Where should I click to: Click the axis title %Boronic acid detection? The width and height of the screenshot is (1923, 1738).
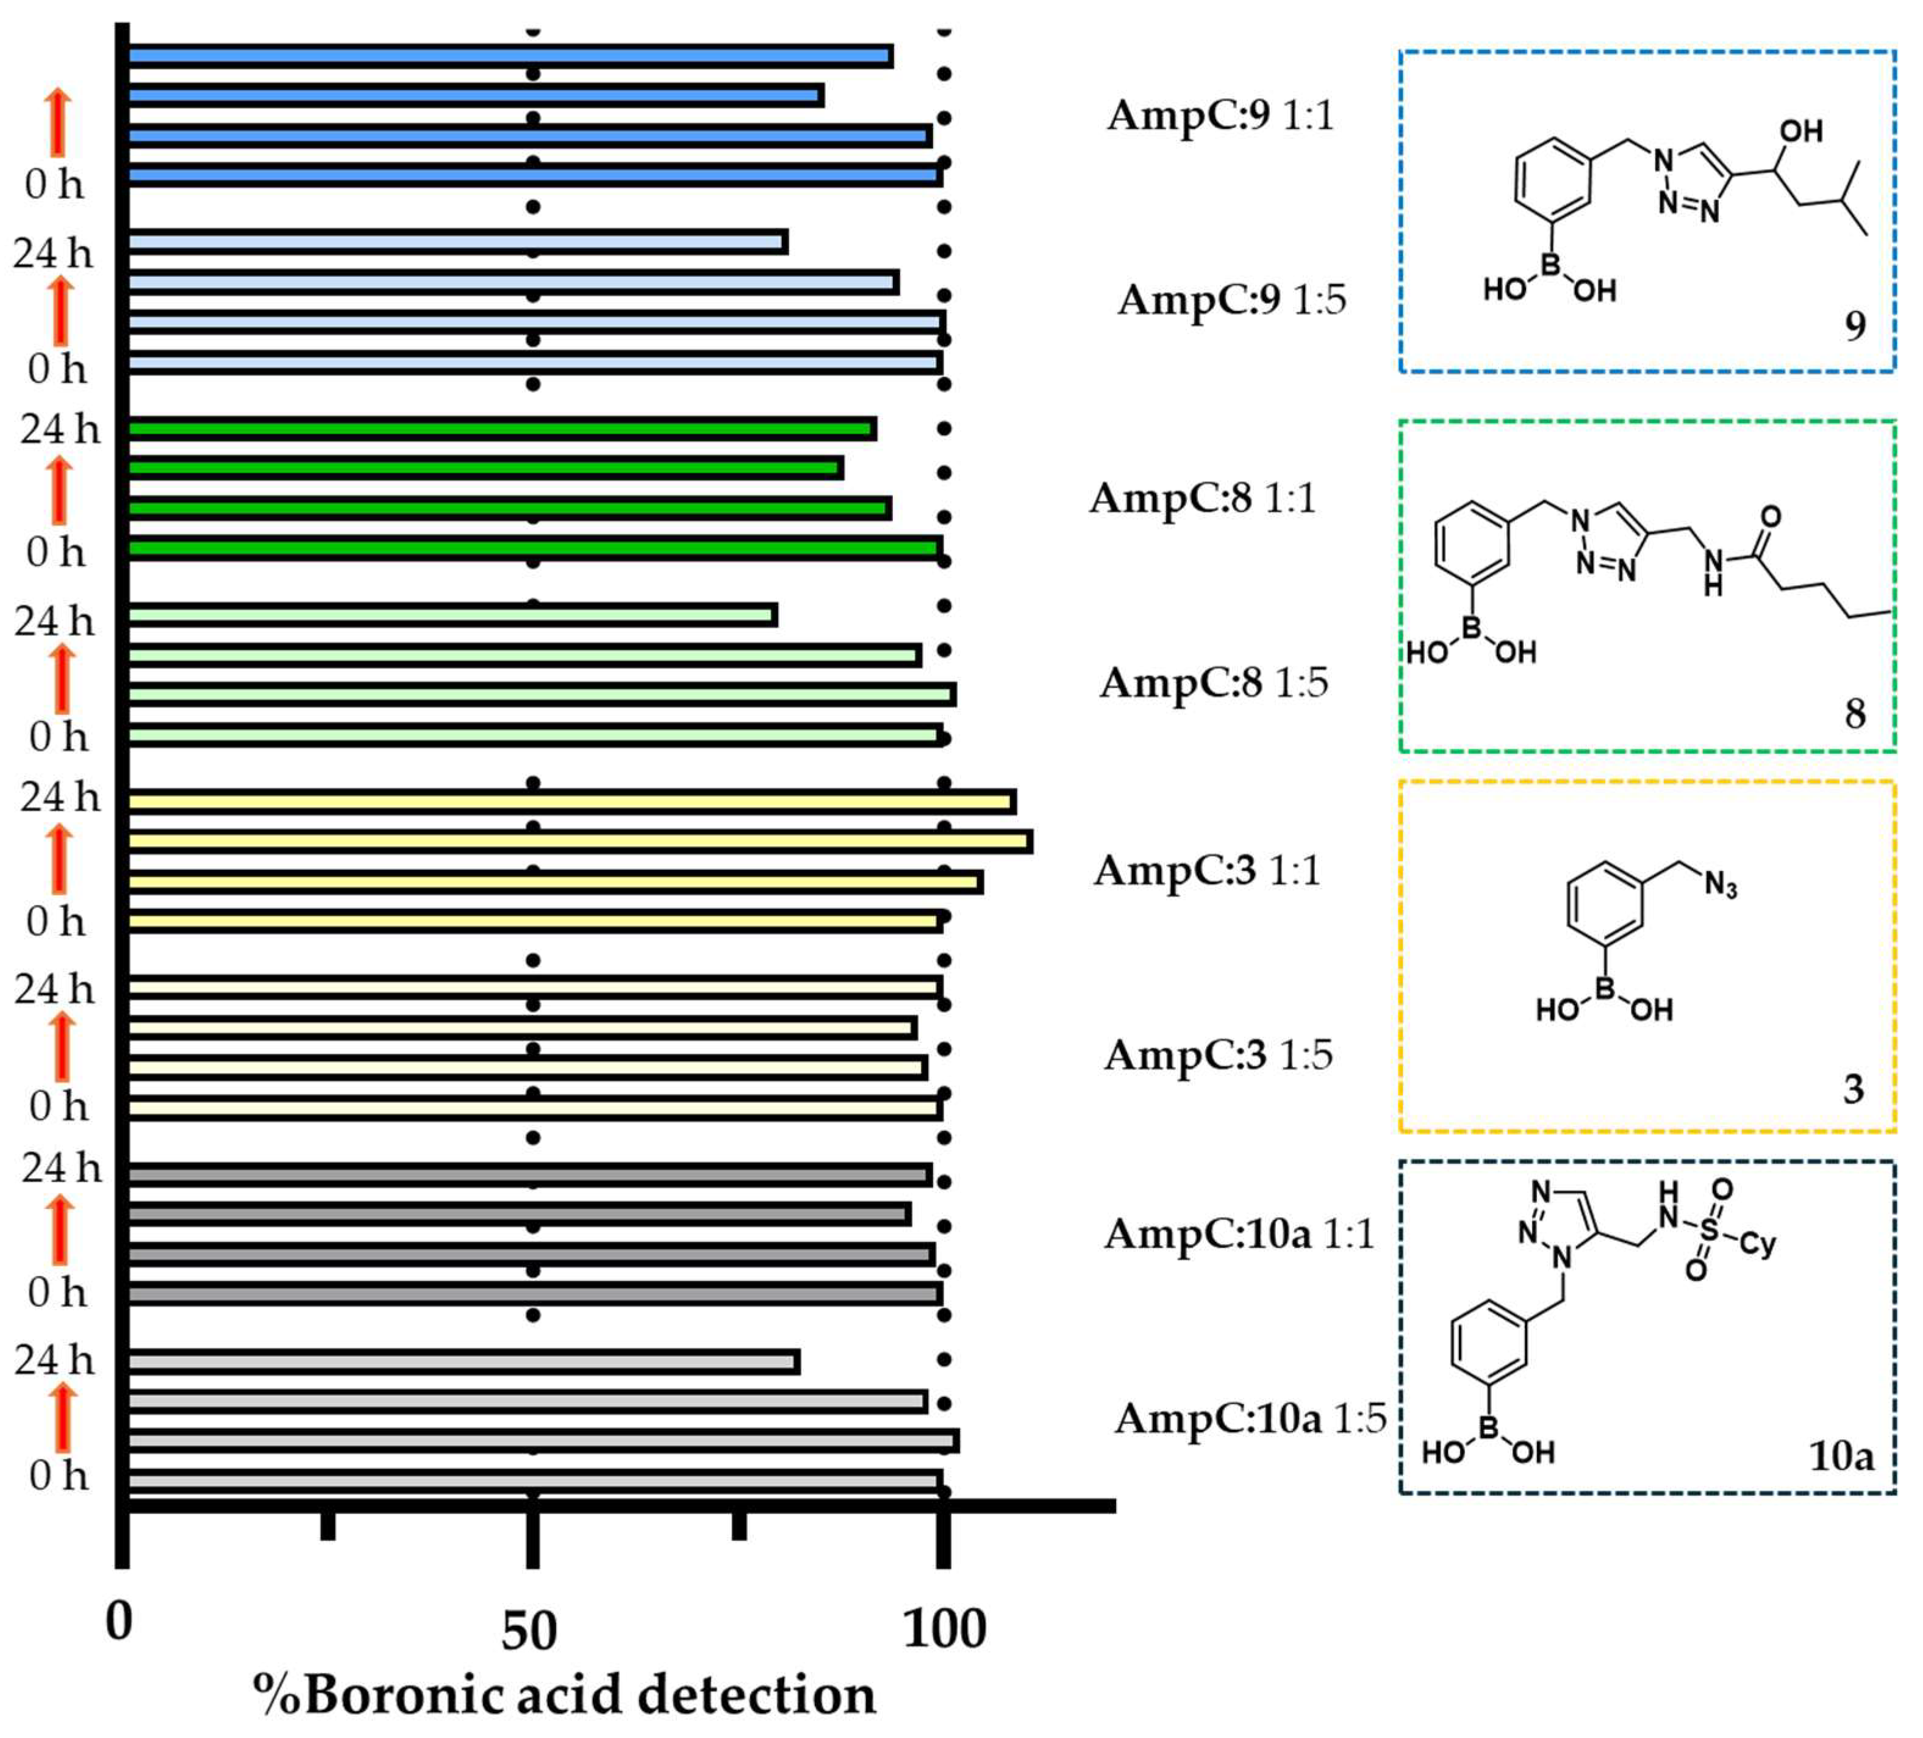[x=564, y=1696]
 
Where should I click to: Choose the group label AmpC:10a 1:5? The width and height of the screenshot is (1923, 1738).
[x=1250, y=1418]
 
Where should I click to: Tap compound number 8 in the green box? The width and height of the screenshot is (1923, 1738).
[x=1854, y=714]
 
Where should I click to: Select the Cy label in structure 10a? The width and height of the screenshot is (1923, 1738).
[x=1757, y=1244]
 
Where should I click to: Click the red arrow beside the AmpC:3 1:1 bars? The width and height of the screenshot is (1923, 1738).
[x=59, y=860]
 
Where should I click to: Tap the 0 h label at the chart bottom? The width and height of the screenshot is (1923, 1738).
[x=58, y=1476]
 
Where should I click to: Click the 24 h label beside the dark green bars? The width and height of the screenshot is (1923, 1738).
[x=59, y=429]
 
